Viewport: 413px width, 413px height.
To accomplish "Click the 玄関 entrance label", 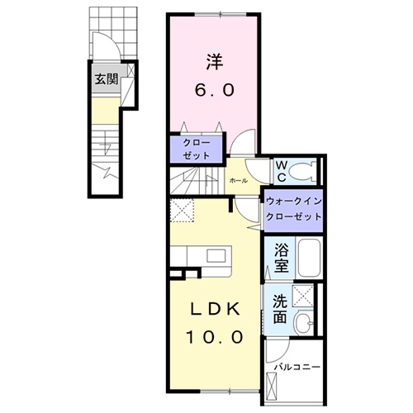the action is [107, 79].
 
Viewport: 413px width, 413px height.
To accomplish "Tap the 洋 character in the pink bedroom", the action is [215, 62].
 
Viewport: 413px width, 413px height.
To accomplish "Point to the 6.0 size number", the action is [215, 90].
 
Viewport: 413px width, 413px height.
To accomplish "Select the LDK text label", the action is [216, 311].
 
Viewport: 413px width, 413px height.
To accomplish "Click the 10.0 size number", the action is [215, 337].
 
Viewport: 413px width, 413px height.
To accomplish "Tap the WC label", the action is [282, 172].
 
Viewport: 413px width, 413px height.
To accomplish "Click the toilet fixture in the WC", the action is [302, 171].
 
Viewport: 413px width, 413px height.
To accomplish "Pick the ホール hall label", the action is [239, 181].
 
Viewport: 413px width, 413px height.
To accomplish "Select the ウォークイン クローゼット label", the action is [294, 209].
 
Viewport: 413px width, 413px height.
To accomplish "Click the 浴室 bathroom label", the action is [282, 258].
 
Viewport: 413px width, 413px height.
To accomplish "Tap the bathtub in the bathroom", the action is [309, 259].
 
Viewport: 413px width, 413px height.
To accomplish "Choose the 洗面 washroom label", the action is [280, 309].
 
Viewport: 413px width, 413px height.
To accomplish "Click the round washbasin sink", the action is [304, 323].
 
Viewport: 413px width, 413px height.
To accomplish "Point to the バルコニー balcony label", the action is [298, 367].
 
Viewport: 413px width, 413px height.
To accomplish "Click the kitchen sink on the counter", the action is [216, 255].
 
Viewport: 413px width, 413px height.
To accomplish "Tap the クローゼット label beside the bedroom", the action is [197, 150].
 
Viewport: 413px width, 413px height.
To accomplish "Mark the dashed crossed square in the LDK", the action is [182, 210].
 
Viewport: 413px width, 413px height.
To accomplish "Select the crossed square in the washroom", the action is [303, 296].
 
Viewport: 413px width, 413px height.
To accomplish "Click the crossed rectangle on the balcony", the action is [271, 385].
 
